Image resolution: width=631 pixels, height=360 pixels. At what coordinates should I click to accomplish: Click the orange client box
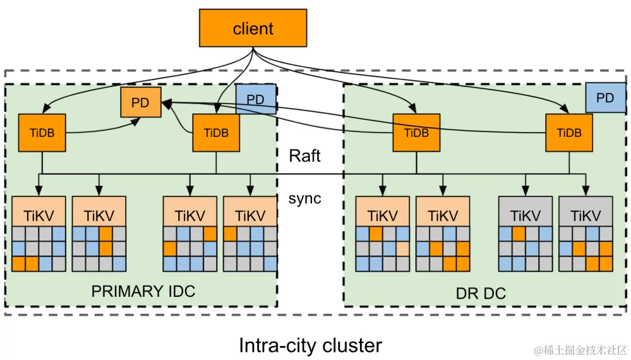(x=253, y=28)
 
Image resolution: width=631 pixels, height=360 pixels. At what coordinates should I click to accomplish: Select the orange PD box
(x=141, y=102)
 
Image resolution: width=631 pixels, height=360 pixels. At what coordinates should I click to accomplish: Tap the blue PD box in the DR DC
(x=606, y=98)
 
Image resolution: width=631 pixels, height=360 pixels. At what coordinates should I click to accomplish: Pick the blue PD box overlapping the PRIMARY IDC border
(x=255, y=99)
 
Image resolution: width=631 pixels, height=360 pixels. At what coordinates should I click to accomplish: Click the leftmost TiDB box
(x=42, y=133)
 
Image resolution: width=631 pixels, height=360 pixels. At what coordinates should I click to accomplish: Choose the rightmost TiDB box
(x=569, y=133)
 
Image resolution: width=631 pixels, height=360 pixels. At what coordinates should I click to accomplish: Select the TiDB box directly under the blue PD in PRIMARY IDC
(x=216, y=133)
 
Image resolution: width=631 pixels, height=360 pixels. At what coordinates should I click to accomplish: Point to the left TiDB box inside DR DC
(x=417, y=133)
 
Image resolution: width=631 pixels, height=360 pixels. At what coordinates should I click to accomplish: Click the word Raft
(x=304, y=156)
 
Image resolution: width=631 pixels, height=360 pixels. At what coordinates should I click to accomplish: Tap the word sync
(x=304, y=199)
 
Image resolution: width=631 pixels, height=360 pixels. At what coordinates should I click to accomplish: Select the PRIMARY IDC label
(x=143, y=291)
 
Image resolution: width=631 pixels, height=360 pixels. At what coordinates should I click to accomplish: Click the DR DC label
(x=481, y=293)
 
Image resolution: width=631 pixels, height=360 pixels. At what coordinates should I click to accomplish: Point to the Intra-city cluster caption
(x=310, y=345)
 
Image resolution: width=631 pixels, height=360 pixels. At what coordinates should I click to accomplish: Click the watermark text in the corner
(x=581, y=350)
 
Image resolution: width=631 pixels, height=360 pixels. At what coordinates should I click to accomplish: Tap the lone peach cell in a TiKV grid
(x=403, y=249)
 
